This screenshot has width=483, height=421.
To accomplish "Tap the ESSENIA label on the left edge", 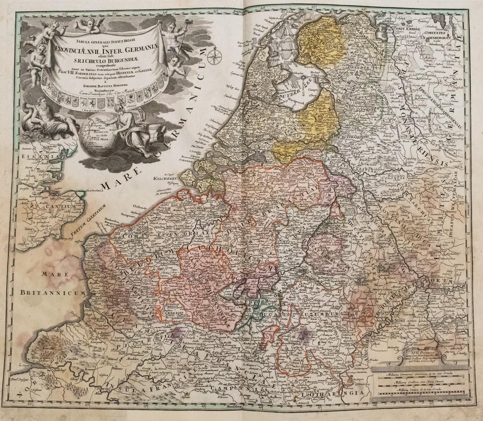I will [x=35, y=155].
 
